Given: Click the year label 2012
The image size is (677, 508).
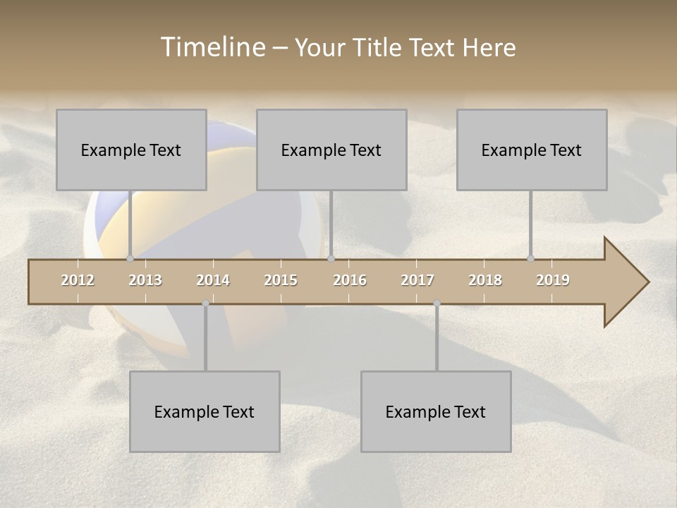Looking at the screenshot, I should pos(78,280).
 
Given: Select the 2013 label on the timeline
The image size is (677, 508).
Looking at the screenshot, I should pos(145,280).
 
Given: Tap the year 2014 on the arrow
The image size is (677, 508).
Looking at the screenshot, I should pos(213,280).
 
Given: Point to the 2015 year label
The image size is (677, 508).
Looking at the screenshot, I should pos(281,280).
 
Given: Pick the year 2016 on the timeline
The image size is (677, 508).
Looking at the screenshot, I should pos(350,280).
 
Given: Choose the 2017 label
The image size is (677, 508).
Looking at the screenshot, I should pos(417,280).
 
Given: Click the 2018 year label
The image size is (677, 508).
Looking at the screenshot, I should pos(485,280).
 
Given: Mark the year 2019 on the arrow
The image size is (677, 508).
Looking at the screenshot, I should pos(553,280).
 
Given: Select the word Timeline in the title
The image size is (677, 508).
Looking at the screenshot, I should pos(212,47).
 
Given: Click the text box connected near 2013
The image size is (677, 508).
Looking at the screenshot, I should pos(131,150).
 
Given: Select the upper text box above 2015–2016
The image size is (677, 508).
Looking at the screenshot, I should pos(331,150).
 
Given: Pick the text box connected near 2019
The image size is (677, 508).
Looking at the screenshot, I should pos(532,150).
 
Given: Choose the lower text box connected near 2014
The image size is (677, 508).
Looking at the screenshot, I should pos(205,411).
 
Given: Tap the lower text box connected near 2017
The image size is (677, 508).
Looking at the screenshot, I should pos(436,411).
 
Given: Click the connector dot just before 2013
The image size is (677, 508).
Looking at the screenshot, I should pos(130,258).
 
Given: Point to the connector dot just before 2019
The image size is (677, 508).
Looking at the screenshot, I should pos(530,258).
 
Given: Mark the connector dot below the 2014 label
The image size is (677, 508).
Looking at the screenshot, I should pos(205,303).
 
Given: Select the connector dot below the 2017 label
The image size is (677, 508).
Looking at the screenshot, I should pos(437,303).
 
